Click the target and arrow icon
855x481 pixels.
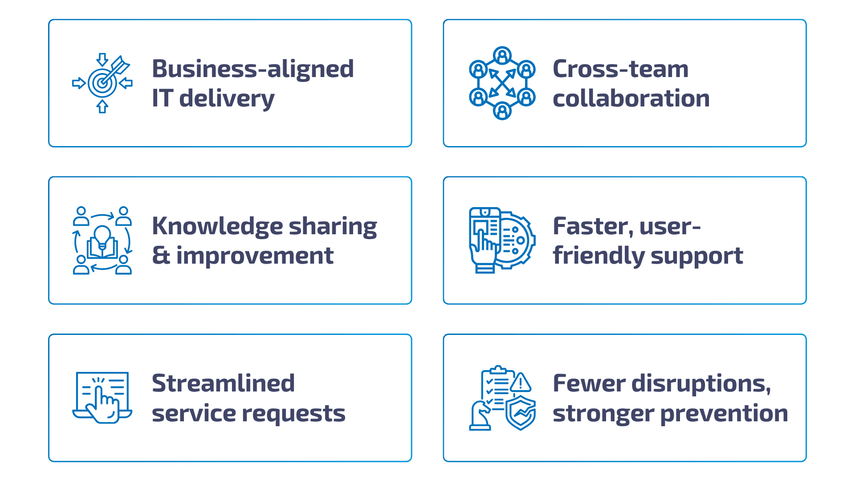pyautogui.click(x=102, y=83)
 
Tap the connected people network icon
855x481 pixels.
pyautogui.click(x=502, y=83)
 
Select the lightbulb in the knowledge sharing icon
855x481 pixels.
pyautogui.click(x=102, y=235)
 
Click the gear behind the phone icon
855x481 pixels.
pyautogui.click(x=519, y=240)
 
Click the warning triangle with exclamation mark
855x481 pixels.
pyautogui.click(x=520, y=383)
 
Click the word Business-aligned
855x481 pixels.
pyautogui.click(x=252, y=69)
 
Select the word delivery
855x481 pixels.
pyautogui.click(x=227, y=98)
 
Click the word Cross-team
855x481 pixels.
pyautogui.click(x=620, y=69)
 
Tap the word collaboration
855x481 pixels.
pyautogui.click(x=631, y=98)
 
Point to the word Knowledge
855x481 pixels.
pyautogui.click(x=217, y=226)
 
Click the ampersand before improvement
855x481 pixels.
pyautogui.click(x=161, y=256)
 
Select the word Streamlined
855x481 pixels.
pyautogui.click(x=223, y=383)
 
